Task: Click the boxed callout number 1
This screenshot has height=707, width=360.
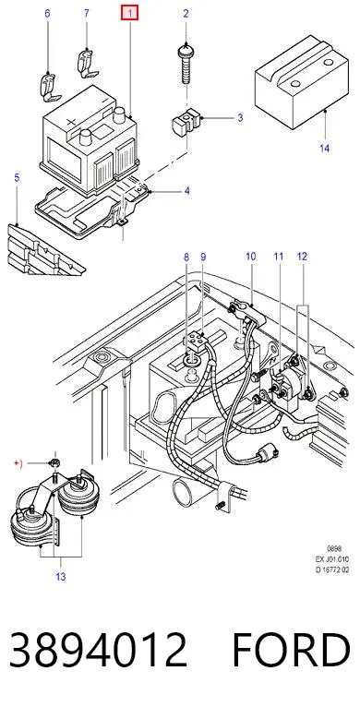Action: (130, 14)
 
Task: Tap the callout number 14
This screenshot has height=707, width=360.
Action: (324, 148)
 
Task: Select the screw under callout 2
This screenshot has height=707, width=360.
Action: (186, 63)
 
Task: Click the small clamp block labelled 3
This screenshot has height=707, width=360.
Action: (186, 121)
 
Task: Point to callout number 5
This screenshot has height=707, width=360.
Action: (17, 177)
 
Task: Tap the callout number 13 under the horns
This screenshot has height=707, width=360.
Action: (60, 576)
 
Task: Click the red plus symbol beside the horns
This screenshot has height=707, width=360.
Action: (18, 463)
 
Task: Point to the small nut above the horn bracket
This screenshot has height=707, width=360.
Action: (55, 462)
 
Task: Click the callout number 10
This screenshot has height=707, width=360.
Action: (250, 257)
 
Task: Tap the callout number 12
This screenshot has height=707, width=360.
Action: (302, 257)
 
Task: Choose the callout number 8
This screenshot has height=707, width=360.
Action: (186, 257)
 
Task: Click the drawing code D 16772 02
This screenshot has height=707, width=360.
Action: (332, 569)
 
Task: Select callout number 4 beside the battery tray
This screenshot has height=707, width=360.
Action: (186, 191)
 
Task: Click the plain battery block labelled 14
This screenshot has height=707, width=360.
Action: (301, 81)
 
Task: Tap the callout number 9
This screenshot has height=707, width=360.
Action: (203, 257)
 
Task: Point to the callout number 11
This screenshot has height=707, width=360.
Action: (279, 257)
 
